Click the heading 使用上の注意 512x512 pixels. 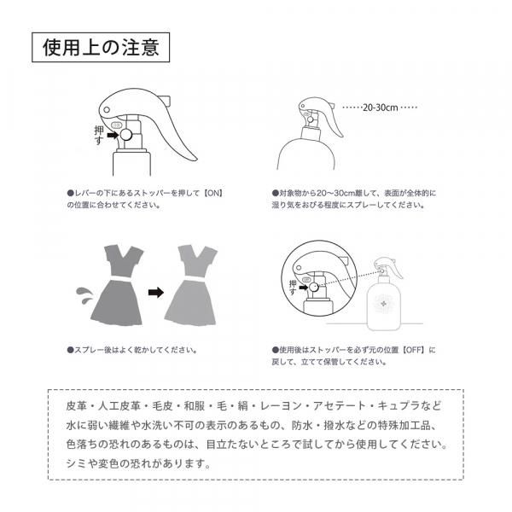pyautogui.click(x=101, y=47)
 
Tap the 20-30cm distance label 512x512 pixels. pyautogui.click(x=381, y=108)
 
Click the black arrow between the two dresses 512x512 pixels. pyautogui.click(x=156, y=292)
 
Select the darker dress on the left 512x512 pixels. pyautogui.click(x=117, y=285)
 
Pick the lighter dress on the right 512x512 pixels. pyautogui.click(x=190, y=285)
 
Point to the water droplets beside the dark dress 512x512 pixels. pyautogui.click(x=84, y=295)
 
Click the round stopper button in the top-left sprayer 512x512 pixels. pyautogui.click(x=126, y=135)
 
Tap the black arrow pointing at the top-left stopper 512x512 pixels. pyautogui.click(x=113, y=135)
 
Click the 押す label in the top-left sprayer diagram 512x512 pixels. pyautogui.click(x=99, y=135)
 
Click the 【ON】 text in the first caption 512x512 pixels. pyautogui.click(x=213, y=193)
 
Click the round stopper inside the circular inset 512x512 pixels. pyautogui.click(x=313, y=288)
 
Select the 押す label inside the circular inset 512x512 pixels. pyautogui.click(x=293, y=288)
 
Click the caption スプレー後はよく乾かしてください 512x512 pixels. pyautogui.click(x=132, y=350)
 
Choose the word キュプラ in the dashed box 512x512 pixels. pyautogui.click(x=399, y=406)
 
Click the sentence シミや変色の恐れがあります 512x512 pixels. pyautogui.click(x=138, y=463)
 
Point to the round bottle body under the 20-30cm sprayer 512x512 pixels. pyautogui.click(x=306, y=154)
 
